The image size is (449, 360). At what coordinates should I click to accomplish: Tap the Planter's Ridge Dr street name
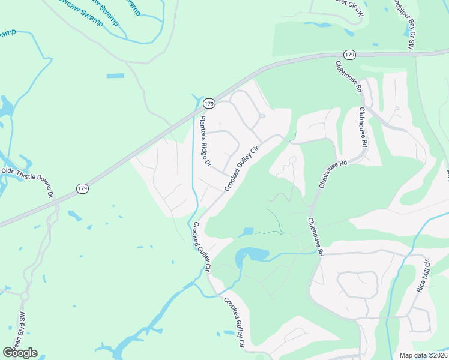pyautogui.click(x=206, y=141)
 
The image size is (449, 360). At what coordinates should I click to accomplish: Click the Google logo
pyautogui.click(x=20, y=352)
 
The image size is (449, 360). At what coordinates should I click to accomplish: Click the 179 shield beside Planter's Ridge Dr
pyautogui.click(x=208, y=103)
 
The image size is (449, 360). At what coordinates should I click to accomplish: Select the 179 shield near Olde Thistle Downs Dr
pyautogui.click(x=83, y=188)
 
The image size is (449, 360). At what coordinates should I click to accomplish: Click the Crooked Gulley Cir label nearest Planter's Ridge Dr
pyautogui.click(x=241, y=169)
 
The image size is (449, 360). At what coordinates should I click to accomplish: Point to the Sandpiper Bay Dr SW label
pyautogui.click(x=412, y=24)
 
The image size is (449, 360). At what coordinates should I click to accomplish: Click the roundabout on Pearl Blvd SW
pyautogui.click(x=25, y=296)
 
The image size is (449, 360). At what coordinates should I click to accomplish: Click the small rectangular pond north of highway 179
pyautogui.click(x=115, y=76)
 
